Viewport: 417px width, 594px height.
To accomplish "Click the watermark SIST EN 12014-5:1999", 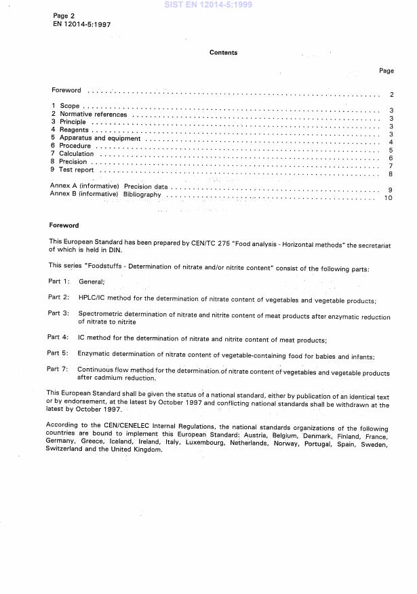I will [207, 5].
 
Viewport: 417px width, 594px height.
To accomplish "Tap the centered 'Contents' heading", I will [223, 52].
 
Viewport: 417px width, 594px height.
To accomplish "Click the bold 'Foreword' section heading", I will [64, 225].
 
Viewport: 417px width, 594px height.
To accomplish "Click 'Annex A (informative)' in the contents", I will [85, 186].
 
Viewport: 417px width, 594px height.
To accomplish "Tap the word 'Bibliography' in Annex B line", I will [142, 194].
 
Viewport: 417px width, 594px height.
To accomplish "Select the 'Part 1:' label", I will [58, 281].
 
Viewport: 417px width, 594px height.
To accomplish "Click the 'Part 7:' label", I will [58, 369].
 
